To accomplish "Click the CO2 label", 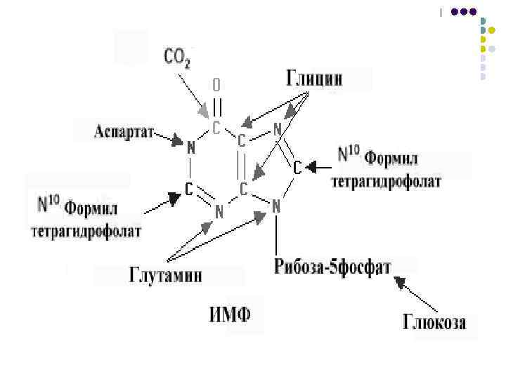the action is point(177,57).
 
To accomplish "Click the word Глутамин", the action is point(166,274).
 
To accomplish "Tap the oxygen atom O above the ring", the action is point(216,85).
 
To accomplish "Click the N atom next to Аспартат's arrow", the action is point(190,148).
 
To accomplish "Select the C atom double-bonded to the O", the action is point(216,128).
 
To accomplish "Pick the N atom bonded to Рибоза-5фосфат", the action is point(276,206).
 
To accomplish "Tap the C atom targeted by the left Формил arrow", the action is point(189,188).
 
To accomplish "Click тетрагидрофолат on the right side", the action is point(387,182).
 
